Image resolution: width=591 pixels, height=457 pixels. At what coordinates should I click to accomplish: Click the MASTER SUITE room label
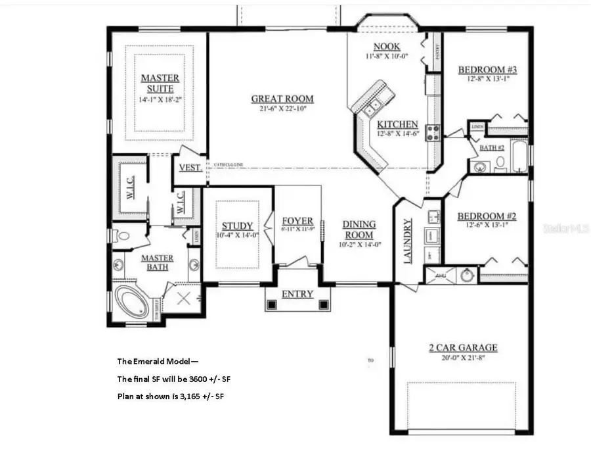(160, 83)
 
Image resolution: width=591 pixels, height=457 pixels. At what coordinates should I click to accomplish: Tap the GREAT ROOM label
(282, 99)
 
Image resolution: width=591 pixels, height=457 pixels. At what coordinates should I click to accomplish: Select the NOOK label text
(387, 46)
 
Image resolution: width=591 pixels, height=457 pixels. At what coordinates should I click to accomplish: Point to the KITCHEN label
(397, 124)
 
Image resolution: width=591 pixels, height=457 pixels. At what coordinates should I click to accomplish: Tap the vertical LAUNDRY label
(407, 241)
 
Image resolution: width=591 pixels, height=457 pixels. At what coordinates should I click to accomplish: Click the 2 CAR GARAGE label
(463, 348)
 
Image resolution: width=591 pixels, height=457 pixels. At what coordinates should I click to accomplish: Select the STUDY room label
(237, 226)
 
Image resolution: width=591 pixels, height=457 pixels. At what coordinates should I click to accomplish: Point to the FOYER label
(297, 221)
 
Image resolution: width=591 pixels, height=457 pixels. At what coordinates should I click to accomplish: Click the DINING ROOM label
(359, 229)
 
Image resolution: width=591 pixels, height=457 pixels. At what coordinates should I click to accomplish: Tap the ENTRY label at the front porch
(297, 294)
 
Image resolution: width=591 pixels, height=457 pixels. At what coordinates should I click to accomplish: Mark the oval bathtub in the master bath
(133, 301)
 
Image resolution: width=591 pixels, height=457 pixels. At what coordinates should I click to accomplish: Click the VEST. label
(190, 168)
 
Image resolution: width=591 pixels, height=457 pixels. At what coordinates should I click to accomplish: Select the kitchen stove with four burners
(433, 133)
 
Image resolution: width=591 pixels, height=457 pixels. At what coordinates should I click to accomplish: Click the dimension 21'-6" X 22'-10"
(282, 109)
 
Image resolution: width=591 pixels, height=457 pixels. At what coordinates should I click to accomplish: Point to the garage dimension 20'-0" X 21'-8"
(463, 358)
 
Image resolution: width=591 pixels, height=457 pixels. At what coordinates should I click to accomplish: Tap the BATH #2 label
(491, 148)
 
